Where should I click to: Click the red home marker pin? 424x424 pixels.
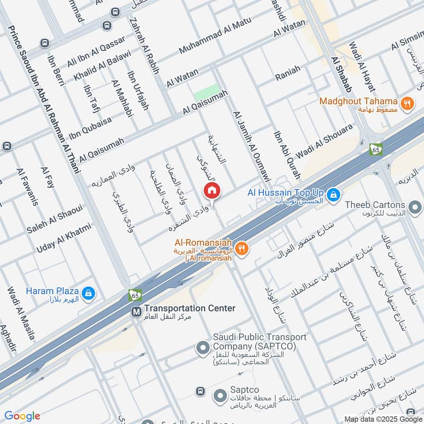(211, 190)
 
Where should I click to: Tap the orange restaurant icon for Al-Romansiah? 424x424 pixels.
(242, 249)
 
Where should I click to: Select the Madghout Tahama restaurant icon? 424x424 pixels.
(407, 103)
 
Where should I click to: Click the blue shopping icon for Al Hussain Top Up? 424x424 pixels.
(333, 196)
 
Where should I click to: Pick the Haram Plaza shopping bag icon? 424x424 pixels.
(89, 291)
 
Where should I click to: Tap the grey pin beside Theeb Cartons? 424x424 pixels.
(415, 206)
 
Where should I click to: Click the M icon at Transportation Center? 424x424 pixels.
(137, 312)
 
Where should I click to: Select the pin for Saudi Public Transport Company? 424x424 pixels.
(202, 348)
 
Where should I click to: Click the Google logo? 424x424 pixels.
(22, 416)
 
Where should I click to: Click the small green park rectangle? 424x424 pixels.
(206, 92)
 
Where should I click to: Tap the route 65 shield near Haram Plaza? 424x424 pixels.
(135, 295)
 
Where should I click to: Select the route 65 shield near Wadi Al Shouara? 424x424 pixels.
(376, 149)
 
